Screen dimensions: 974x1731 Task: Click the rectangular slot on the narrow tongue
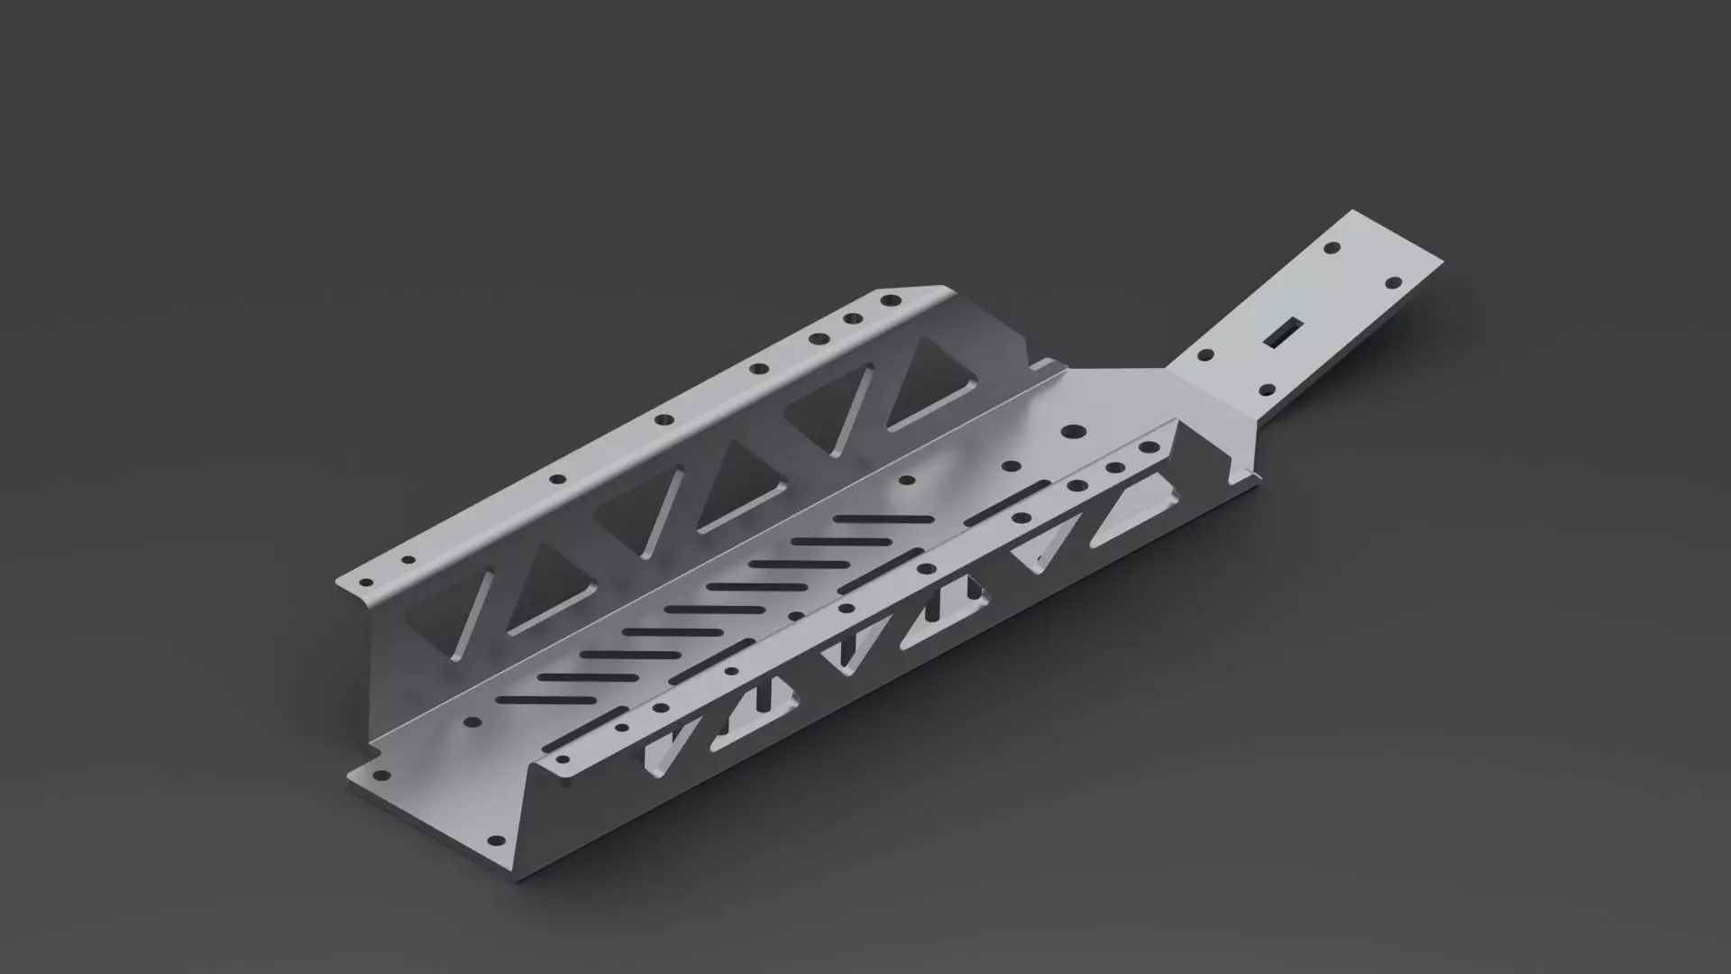(1283, 333)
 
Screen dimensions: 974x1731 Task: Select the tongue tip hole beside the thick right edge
(1393, 283)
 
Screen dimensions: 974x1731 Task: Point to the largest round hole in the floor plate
(1073, 432)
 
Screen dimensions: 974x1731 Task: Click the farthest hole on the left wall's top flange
(892, 299)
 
